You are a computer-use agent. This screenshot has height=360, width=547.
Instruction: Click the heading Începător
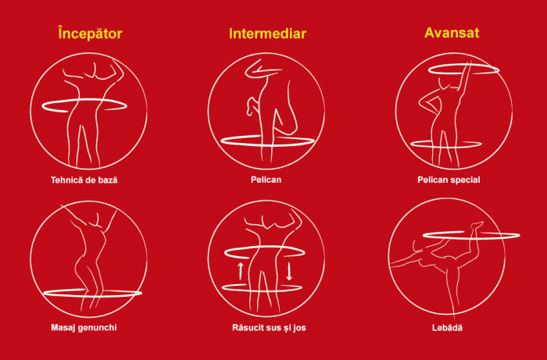point(90,34)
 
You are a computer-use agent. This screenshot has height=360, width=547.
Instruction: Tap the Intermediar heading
point(267,34)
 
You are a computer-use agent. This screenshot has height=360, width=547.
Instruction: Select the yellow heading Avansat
point(452,33)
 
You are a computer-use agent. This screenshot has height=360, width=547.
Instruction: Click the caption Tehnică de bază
point(84,180)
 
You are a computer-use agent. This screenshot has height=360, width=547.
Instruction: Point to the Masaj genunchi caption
point(84,327)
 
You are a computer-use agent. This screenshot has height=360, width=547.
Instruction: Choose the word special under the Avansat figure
point(464,180)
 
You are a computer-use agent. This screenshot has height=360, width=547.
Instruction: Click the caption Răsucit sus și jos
point(269,327)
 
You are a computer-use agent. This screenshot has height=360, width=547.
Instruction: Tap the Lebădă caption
point(447,327)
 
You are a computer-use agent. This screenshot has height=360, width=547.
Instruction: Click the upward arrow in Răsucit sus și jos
point(241,271)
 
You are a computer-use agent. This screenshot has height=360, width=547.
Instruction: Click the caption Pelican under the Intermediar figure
point(266,180)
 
